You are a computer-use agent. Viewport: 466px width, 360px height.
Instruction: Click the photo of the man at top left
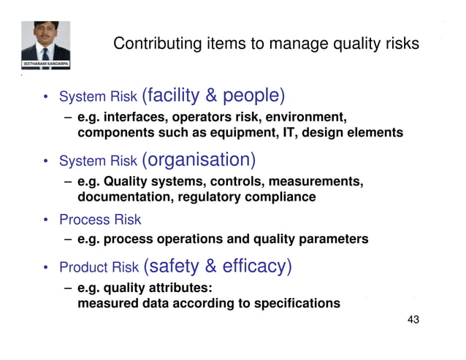(x=45, y=40)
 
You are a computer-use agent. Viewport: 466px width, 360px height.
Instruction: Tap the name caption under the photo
(x=46, y=64)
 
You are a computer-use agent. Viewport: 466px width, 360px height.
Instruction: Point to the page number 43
(x=413, y=321)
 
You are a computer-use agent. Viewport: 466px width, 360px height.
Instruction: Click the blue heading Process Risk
(x=99, y=220)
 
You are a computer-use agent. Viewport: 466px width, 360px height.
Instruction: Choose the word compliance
(x=280, y=197)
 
